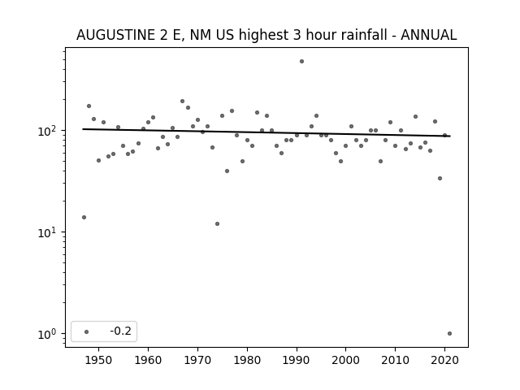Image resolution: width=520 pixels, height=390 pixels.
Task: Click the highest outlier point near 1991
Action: point(301,62)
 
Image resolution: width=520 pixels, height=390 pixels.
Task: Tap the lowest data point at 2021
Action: point(449,334)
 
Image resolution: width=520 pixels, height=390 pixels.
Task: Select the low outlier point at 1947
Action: point(84,217)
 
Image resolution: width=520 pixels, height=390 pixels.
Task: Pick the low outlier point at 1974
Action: point(217,224)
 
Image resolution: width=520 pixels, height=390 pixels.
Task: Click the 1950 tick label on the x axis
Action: point(98,360)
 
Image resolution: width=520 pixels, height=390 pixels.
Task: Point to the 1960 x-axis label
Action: point(148,360)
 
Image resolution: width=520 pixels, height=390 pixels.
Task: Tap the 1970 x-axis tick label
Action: point(197,360)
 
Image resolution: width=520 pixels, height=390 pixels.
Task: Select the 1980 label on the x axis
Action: point(247,360)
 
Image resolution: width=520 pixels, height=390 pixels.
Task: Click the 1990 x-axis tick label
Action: point(297,360)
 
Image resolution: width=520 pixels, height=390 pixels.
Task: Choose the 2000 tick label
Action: point(346,360)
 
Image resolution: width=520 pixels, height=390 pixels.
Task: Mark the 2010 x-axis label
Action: point(396,360)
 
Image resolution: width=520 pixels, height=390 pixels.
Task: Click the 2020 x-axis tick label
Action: point(444,360)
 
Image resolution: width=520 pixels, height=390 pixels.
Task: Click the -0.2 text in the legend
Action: point(121,331)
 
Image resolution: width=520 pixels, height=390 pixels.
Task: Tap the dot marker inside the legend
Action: point(87,331)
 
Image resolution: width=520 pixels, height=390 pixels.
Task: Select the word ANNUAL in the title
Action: point(429,35)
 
